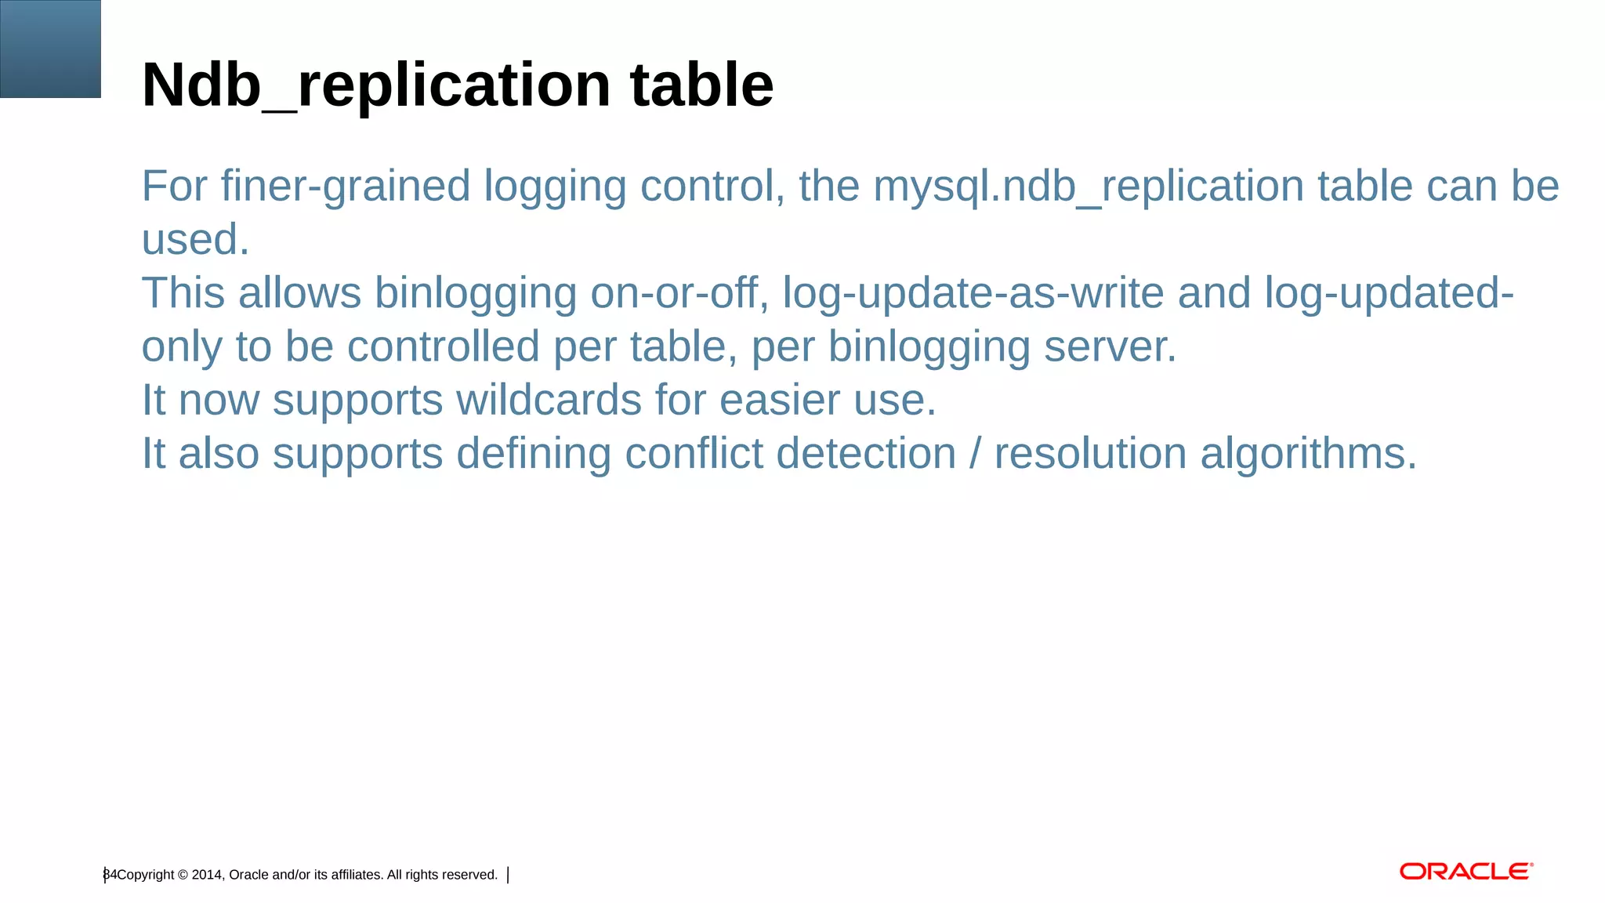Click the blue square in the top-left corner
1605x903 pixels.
pos(50,49)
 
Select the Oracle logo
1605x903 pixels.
pos(1466,872)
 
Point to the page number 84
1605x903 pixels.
pos(110,875)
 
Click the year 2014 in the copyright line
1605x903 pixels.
pos(207,875)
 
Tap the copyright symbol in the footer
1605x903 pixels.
pos(183,875)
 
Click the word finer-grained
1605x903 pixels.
pos(345,187)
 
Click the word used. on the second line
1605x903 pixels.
pos(195,240)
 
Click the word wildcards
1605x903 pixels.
pos(549,401)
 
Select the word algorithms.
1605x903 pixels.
pos(1308,454)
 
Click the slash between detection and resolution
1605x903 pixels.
pos(975,454)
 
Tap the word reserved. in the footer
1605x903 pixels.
pos(466,875)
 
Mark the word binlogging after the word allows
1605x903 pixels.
pos(475,295)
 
